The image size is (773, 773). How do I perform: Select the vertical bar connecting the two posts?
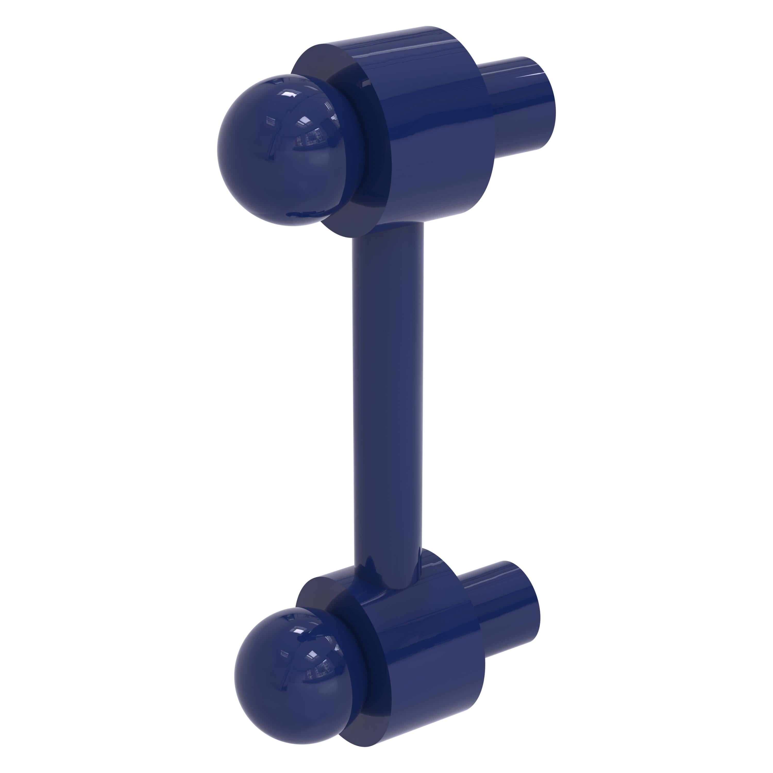pyautogui.click(x=387, y=400)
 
